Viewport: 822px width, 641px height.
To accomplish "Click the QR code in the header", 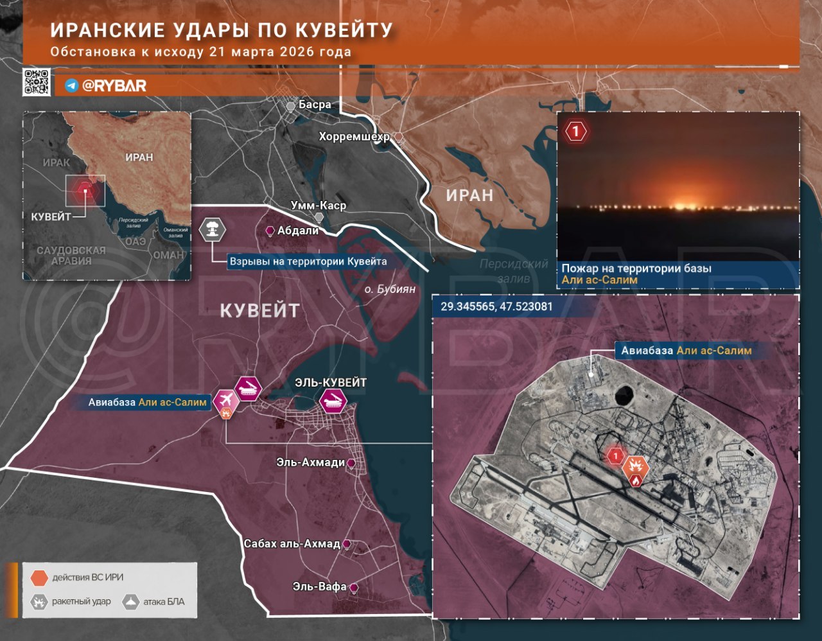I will pos(37,82).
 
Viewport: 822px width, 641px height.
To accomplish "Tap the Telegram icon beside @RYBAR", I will pos(72,85).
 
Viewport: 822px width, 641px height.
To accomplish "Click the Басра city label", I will pos(315,105).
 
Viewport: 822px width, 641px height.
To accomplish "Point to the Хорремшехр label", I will pos(354,136).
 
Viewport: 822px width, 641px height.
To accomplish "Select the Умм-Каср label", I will pos(318,206).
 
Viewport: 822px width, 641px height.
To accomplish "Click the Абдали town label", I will pos(298,230).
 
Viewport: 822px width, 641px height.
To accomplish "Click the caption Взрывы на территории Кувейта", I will pos(308,261).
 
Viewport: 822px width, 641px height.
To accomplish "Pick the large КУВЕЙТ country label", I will pos(260,311).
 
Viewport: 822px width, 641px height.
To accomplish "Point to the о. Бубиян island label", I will pos(390,289).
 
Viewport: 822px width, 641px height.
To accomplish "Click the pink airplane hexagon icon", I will pos(225,400).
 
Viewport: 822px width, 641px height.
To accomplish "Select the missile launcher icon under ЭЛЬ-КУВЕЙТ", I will pos(333,402).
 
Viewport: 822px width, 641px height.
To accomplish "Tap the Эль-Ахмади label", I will pos(311,462).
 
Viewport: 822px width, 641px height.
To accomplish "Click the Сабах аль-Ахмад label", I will pos(292,543).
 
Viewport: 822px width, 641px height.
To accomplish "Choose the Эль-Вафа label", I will pos(319,586).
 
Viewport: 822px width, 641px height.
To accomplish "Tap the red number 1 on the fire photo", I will pos(576,132).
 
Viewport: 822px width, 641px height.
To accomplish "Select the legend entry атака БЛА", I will pos(164,602).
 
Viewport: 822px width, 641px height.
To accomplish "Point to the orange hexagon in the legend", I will pos(39,577).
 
